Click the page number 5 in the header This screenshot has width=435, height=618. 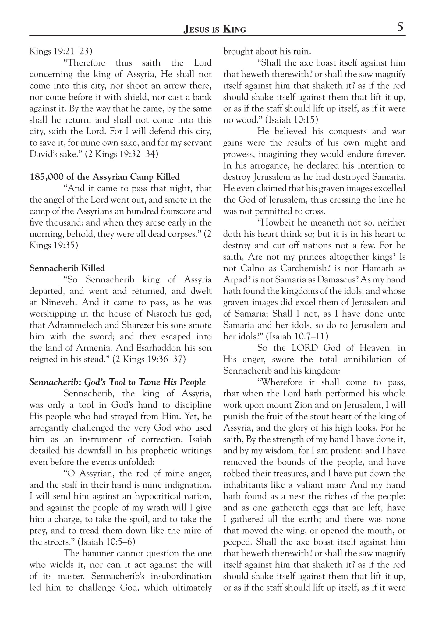click(400, 27)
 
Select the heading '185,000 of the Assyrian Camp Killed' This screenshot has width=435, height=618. click(104, 177)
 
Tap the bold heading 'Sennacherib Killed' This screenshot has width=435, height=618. click(67, 268)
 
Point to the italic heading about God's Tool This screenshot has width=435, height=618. click(118, 382)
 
